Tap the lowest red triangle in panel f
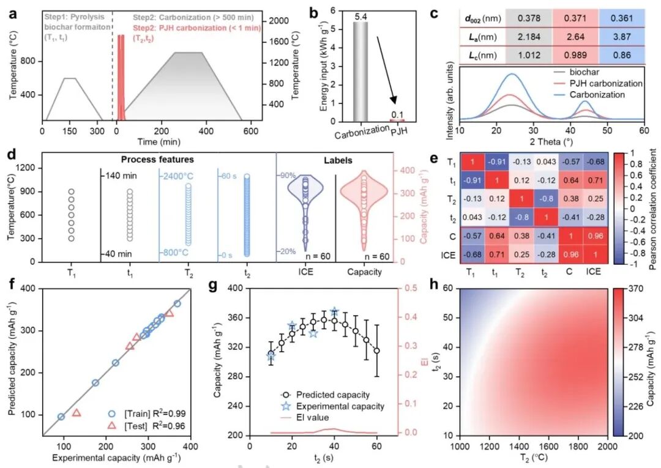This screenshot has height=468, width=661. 77,413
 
